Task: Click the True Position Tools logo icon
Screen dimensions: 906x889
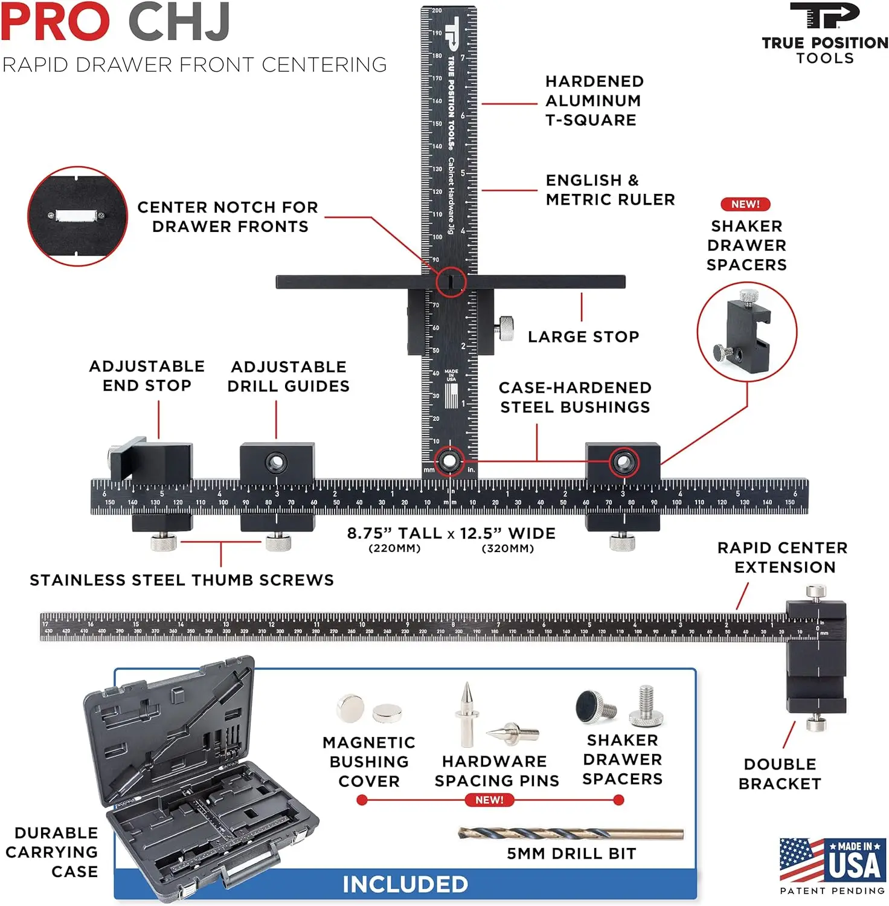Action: [x=824, y=16]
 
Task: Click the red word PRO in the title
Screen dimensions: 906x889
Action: [x=56, y=23]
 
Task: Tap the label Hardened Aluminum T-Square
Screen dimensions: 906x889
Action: [x=594, y=101]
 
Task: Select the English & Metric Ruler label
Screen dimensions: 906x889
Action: [x=609, y=190]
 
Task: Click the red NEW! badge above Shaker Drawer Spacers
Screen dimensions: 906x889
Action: [x=745, y=205]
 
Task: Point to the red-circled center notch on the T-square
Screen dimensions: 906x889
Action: [x=451, y=281]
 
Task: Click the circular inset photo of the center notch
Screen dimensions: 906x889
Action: [x=77, y=216]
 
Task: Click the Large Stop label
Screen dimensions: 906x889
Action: [x=583, y=337]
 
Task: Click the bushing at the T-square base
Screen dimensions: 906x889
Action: [x=449, y=461]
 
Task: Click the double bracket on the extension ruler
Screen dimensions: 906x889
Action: [x=815, y=655]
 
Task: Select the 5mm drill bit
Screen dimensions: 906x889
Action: [x=571, y=834]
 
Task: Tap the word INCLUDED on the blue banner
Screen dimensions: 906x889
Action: [x=405, y=884]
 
